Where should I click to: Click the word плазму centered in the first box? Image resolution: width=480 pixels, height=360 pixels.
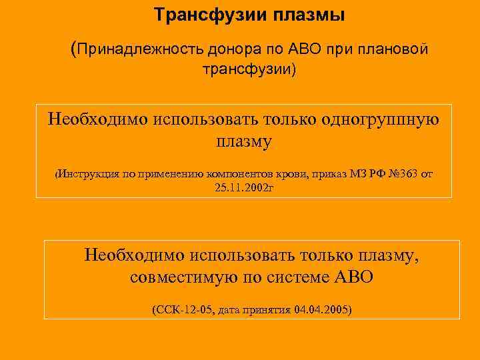point(244,142)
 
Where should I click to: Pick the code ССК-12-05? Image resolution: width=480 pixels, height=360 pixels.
point(180,311)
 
